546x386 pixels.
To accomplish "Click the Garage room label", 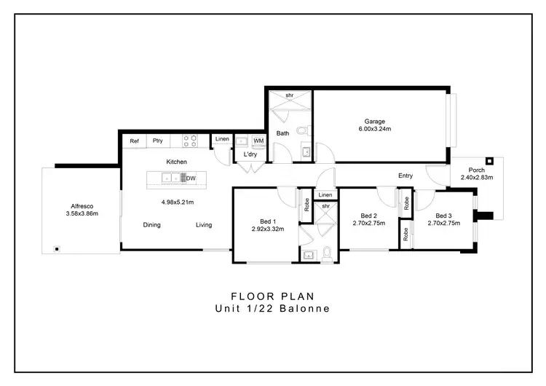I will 375,122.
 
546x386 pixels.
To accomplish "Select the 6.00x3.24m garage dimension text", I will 375,130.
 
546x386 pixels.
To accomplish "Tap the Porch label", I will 476,170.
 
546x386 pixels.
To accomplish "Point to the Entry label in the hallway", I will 405,176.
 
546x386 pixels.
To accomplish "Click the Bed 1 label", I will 268,221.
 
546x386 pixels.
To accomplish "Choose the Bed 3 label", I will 444,216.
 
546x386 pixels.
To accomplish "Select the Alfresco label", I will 82,206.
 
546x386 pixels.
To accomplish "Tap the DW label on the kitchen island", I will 191,178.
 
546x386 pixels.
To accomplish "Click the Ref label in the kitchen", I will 134,141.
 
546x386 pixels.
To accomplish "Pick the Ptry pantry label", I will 157,141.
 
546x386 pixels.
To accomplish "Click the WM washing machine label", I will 258,141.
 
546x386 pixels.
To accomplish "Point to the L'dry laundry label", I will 250,154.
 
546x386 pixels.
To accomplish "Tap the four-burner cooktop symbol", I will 190,140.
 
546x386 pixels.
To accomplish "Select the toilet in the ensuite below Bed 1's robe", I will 326,253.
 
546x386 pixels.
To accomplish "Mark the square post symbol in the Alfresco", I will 56,249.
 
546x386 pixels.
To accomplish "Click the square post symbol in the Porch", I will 490,160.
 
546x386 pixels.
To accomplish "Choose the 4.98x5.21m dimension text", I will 177,202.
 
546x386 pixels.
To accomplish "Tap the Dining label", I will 151,225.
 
